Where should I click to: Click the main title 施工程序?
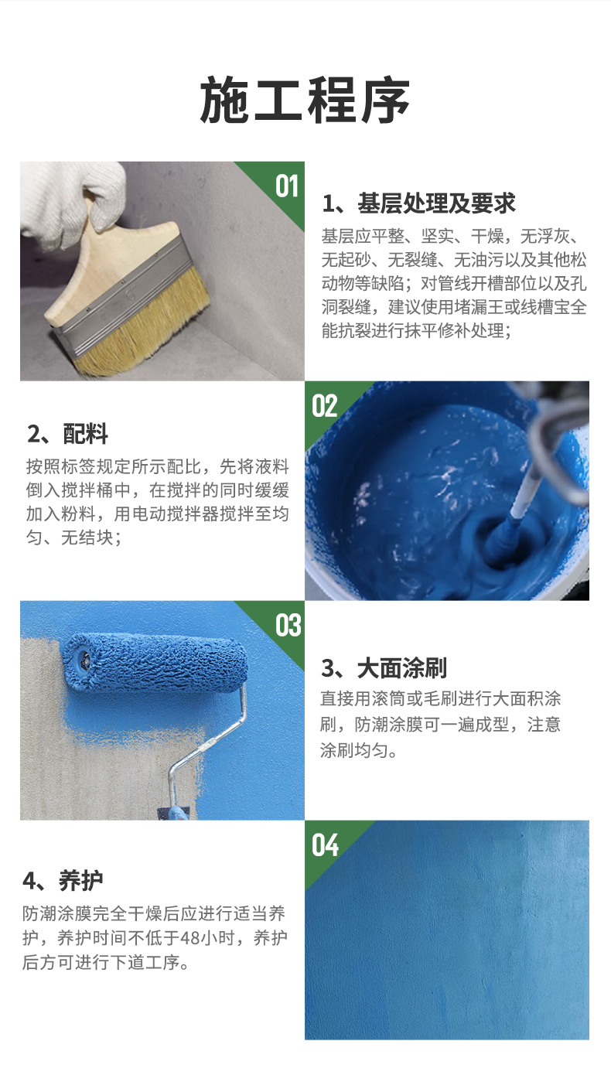click(305, 101)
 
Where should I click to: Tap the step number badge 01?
click(286, 186)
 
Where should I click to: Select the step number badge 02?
click(325, 405)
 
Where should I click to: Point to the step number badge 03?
click(288, 625)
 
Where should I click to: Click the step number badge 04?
click(325, 845)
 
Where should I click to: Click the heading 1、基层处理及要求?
click(418, 204)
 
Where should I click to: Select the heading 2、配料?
click(67, 434)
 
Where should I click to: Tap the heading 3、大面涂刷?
click(384, 668)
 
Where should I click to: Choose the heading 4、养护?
click(63, 880)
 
